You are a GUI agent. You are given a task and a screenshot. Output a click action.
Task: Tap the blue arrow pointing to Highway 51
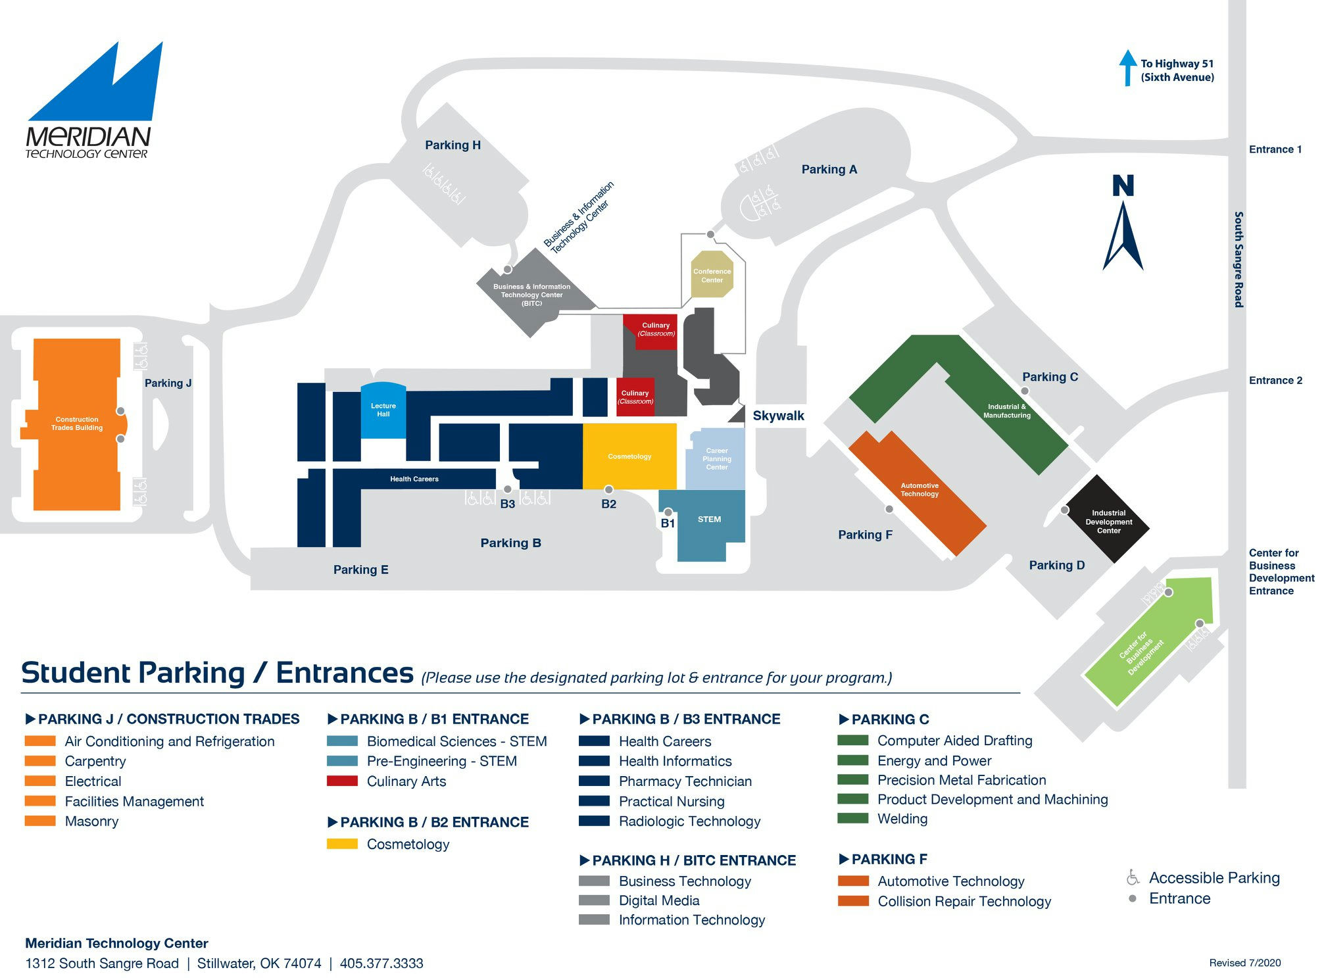1127,68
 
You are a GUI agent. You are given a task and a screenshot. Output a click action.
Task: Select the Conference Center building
712,274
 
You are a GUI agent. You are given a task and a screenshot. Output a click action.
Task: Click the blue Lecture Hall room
383,410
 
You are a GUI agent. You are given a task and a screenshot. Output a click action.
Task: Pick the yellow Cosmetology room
629,456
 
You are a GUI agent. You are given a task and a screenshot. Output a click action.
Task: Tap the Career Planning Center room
716,458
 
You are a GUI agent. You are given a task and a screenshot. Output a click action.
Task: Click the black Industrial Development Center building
1108,520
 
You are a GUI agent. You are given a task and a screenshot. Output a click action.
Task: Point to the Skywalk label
778,416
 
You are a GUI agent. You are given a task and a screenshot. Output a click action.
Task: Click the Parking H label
453,145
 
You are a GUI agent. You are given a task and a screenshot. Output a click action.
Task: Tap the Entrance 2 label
1275,380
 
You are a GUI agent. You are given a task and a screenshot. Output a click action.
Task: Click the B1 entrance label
668,524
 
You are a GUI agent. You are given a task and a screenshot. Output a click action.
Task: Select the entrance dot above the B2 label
608,489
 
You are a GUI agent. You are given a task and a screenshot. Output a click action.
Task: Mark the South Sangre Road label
1239,259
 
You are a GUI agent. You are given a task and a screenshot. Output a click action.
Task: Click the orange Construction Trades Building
76,424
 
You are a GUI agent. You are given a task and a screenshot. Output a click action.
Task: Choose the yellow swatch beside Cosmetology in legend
342,844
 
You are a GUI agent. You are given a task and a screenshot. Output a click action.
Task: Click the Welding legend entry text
902,819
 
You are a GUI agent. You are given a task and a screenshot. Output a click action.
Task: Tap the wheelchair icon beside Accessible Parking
1133,877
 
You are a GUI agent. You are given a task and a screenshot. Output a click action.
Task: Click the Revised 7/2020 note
1244,963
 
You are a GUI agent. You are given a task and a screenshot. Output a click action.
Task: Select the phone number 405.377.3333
381,964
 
